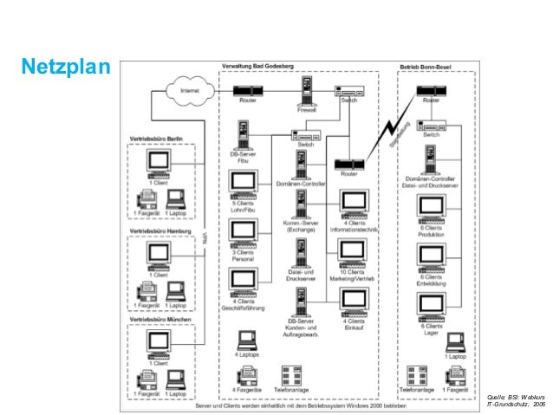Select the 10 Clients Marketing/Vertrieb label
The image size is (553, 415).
pos(353,278)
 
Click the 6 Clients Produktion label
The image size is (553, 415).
pos(431,231)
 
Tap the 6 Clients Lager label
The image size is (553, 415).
pos(431,329)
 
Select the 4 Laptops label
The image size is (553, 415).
pos(248,354)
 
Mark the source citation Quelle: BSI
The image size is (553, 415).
pos(517,399)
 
